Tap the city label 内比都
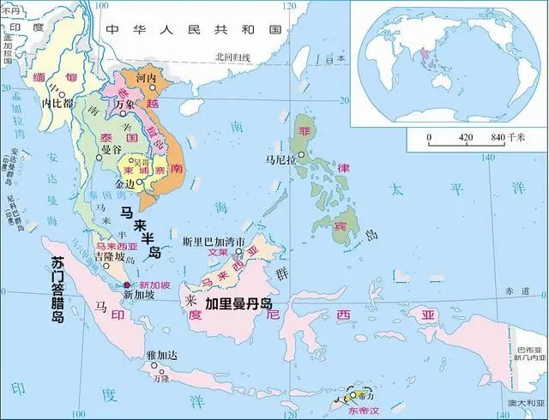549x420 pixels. point(57,103)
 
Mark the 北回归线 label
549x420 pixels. point(232,57)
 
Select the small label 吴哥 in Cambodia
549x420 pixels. point(138,160)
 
